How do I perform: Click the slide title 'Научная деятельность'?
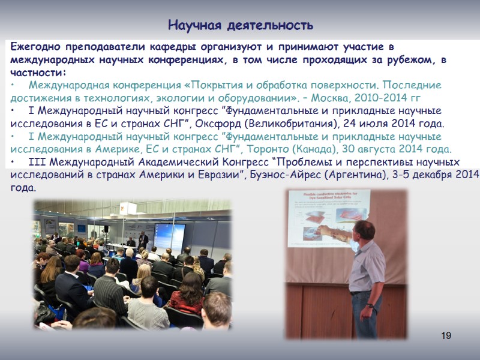(240, 25)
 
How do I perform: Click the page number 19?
(446, 335)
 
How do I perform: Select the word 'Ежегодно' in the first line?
(36, 47)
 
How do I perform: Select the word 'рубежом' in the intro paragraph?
(405, 60)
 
